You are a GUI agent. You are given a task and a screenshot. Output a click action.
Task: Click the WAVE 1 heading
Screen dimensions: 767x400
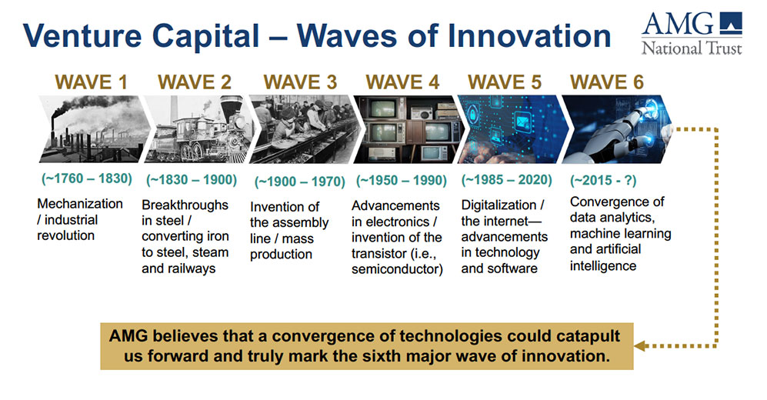(91, 82)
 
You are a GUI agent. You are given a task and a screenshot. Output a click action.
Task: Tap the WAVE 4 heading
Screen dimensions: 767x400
(402, 82)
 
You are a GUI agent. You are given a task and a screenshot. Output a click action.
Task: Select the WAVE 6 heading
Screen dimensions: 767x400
(607, 82)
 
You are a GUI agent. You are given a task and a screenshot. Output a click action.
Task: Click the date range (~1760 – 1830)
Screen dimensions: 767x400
(87, 178)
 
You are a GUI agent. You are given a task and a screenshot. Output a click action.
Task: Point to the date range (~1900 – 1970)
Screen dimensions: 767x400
(300, 182)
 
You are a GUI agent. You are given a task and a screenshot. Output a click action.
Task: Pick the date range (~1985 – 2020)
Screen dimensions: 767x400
(507, 180)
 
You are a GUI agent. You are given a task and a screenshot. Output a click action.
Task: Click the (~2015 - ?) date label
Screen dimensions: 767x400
(603, 181)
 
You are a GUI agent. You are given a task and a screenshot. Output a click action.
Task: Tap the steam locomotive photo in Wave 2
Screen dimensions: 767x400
(199, 129)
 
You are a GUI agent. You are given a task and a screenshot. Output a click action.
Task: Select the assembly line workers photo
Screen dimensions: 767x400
(304, 129)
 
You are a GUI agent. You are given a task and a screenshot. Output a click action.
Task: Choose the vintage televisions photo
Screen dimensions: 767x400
(409, 129)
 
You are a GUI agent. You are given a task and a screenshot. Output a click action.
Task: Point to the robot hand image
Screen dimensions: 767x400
(617, 129)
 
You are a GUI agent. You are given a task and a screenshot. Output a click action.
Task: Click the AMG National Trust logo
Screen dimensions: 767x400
(692, 33)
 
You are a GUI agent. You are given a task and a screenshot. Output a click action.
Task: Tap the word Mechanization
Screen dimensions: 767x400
(80, 203)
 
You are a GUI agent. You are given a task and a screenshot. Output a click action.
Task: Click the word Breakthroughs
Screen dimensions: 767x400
(185, 205)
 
